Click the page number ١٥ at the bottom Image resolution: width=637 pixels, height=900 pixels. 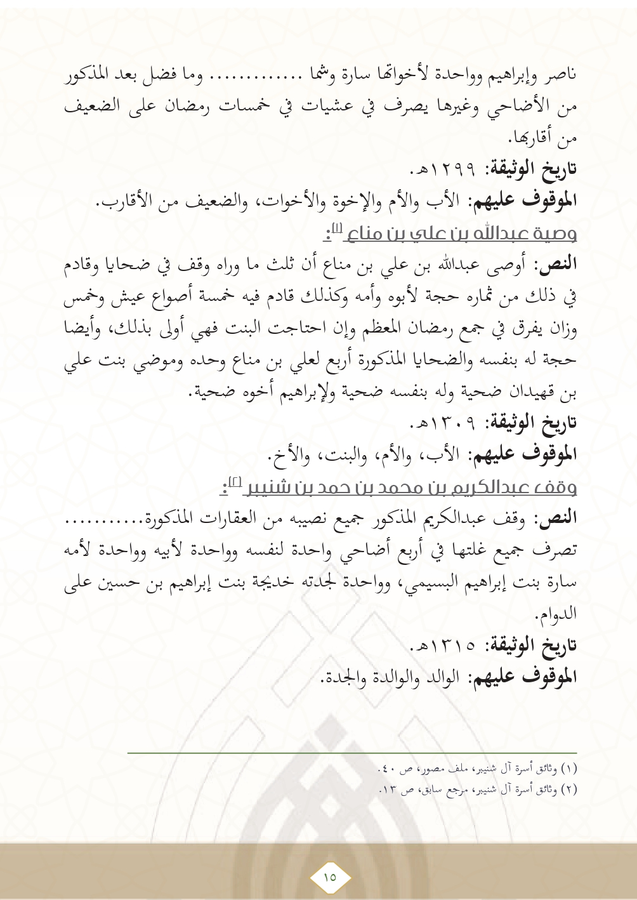click(x=330, y=877)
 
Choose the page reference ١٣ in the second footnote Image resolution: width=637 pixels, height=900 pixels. click(x=388, y=790)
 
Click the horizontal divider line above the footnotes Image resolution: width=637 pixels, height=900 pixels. click(x=352, y=753)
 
